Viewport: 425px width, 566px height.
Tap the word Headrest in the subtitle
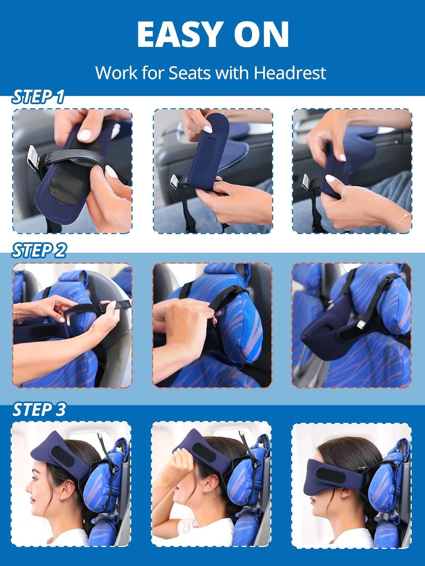[290, 73]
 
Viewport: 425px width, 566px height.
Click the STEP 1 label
[38, 97]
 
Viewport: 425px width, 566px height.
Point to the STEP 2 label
[39, 251]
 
